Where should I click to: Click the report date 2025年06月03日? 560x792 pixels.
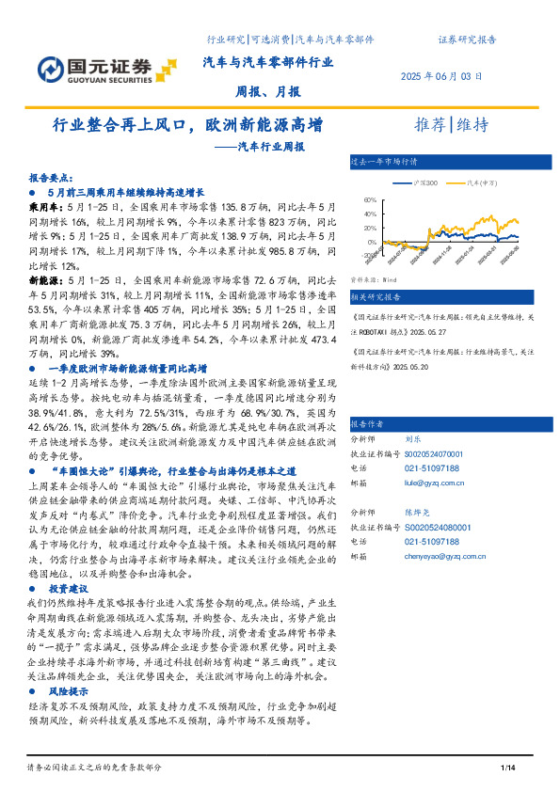[x=442, y=76]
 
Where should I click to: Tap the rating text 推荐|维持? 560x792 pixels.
[x=453, y=126]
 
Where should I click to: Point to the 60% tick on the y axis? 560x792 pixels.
[x=369, y=199]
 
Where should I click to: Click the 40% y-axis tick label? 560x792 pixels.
[x=369, y=214]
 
